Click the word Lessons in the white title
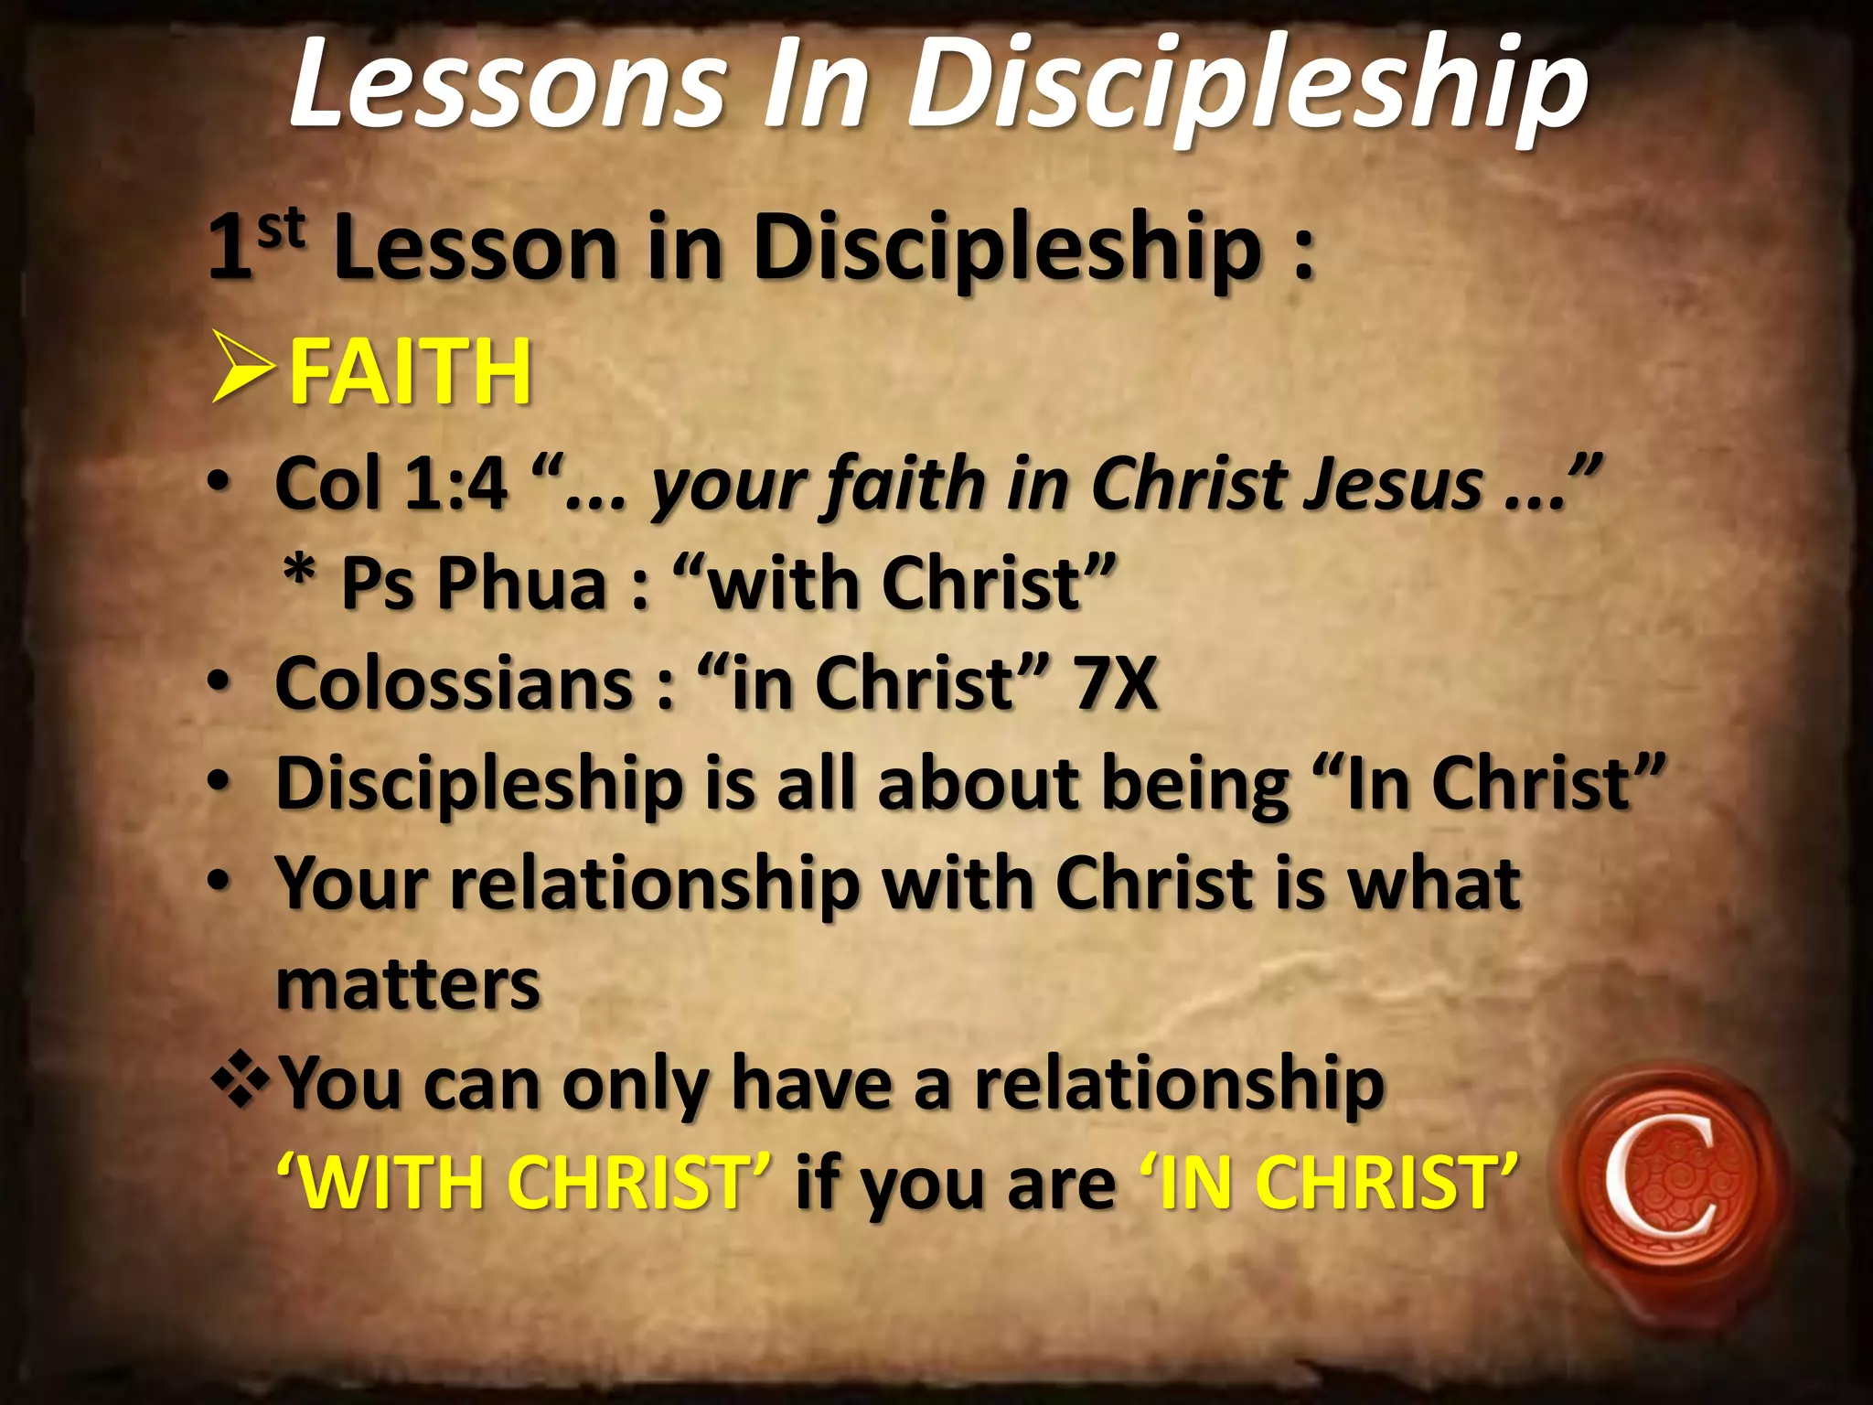coord(508,84)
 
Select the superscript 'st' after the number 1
coord(281,229)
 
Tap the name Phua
coord(522,583)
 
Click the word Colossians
coord(454,683)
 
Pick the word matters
coord(408,984)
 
